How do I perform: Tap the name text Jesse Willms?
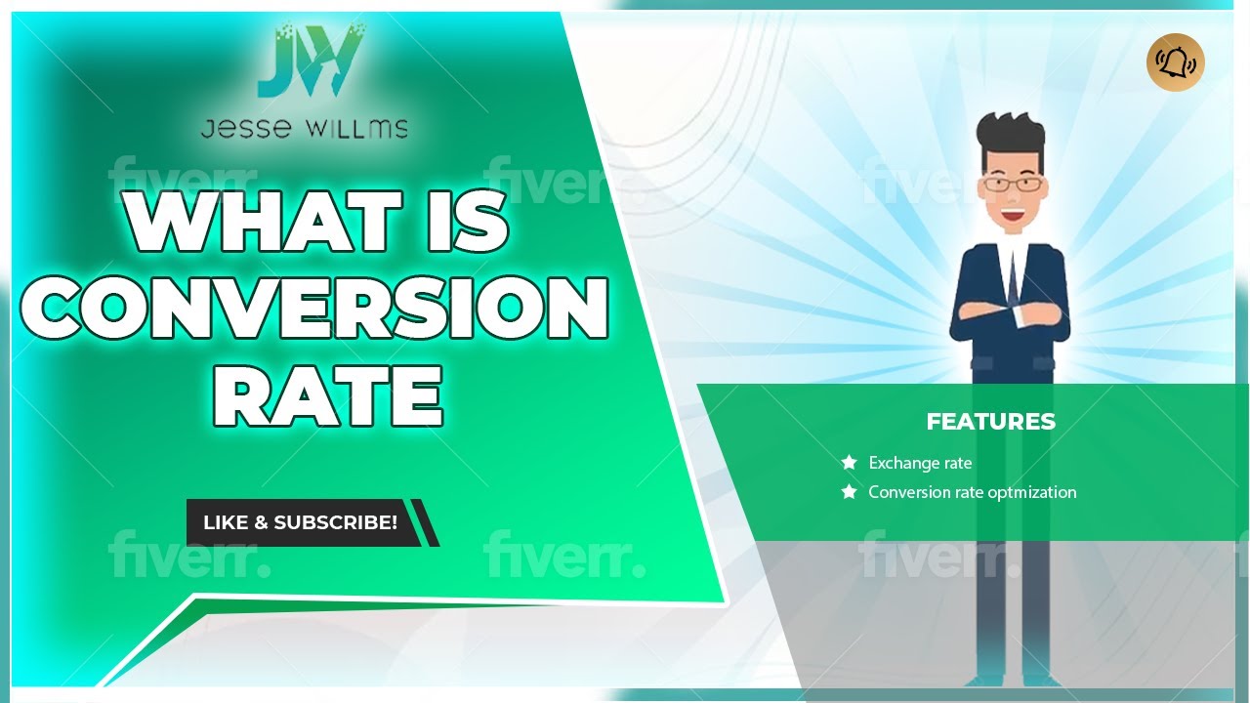click(304, 128)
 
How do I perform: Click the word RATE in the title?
click(328, 395)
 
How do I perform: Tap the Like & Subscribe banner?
click(301, 522)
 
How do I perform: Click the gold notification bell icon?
click(1175, 62)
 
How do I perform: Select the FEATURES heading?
click(990, 422)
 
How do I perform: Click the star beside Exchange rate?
click(849, 463)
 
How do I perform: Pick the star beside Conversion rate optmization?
click(849, 492)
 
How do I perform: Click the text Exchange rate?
click(920, 463)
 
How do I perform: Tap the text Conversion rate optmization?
click(973, 492)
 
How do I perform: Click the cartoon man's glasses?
click(1010, 183)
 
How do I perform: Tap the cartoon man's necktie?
click(1013, 278)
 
